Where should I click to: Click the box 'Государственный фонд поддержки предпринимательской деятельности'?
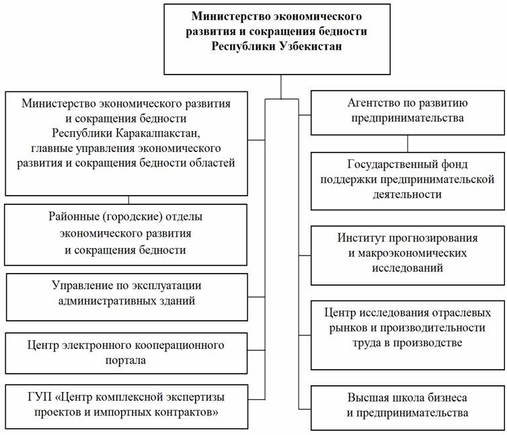[407, 180]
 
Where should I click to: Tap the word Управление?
[83, 286]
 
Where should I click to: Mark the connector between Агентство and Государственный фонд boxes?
[407, 143]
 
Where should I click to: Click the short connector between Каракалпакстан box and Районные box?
[129, 199]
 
